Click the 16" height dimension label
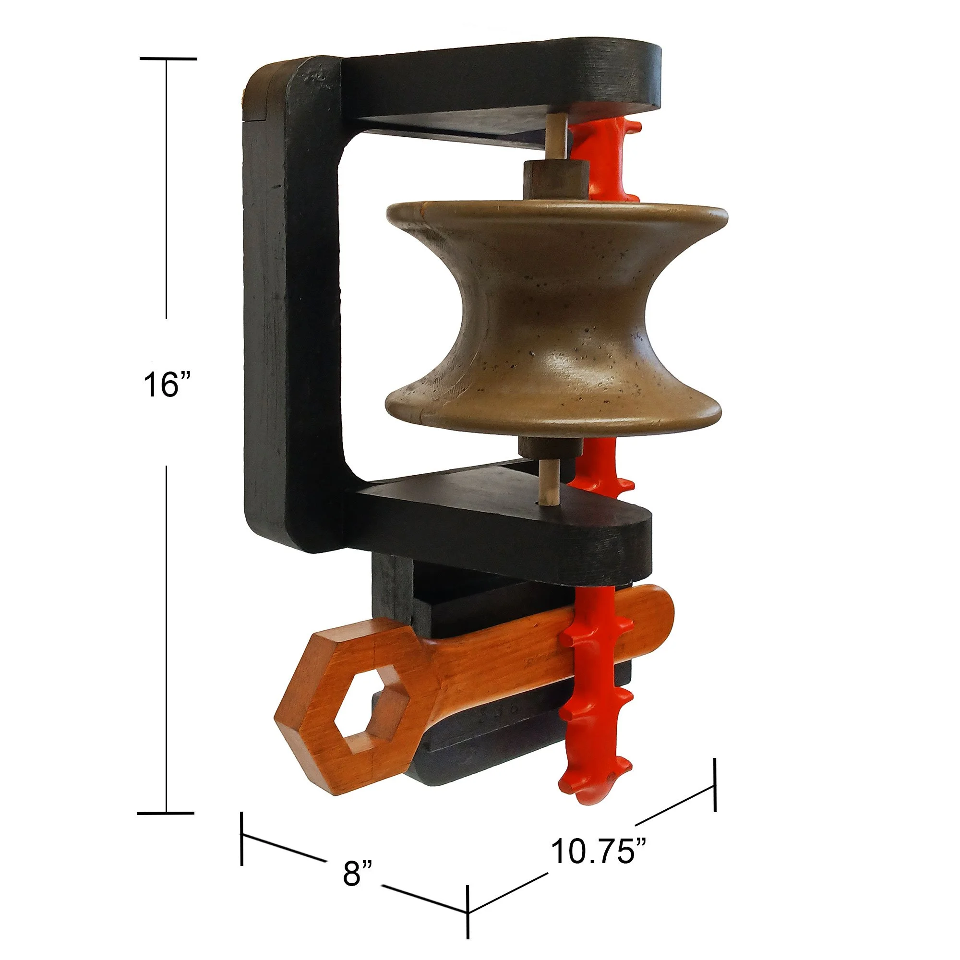coord(167,385)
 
